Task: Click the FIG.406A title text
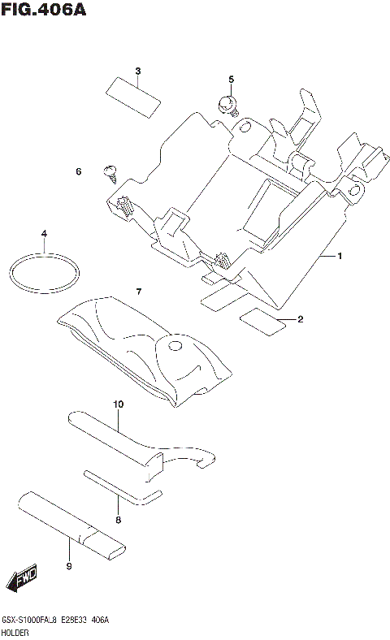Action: pyautogui.click(x=45, y=11)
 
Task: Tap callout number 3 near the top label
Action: pyautogui.click(x=137, y=71)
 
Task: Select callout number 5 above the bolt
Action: pyautogui.click(x=231, y=79)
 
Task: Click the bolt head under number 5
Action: pyautogui.click(x=227, y=104)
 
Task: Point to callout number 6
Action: pyautogui.click(x=79, y=171)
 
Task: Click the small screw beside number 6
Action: pyautogui.click(x=110, y=171)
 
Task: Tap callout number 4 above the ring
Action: pyautogui.click(x=45, y=234)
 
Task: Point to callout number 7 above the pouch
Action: pyautogui.click(x=139, y=291)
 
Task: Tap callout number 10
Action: pyautogui.click(x=118, y=404)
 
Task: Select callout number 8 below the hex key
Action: pyautogui.click(x=118, y=520)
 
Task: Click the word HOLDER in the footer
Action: pyautogui.click(x=15, y=631)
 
